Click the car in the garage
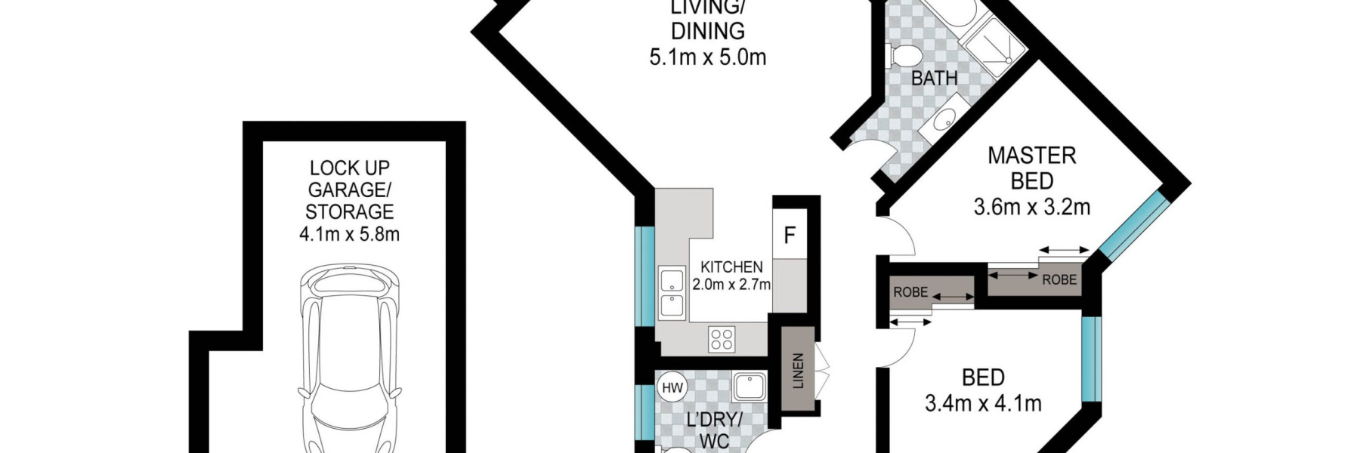click(350, 359)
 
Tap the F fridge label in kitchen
click(790, 236)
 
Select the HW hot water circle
click(672, 388)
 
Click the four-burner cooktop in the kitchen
click(721, 339)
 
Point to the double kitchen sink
click(671, 292)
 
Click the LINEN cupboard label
click(798, 371)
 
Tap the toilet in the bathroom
click(904, 56)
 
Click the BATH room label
click(934, 78)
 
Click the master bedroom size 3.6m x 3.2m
click(1031, 207)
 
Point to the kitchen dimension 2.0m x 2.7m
click(731, 285)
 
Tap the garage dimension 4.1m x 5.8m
click(349, 234)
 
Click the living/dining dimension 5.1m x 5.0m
click(708, 57)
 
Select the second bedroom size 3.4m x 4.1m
click(983, 403)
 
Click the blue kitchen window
click(645, 276)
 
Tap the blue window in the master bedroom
click(1133, 223)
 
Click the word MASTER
click(1032, 156)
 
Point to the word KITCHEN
click(731, 267)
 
